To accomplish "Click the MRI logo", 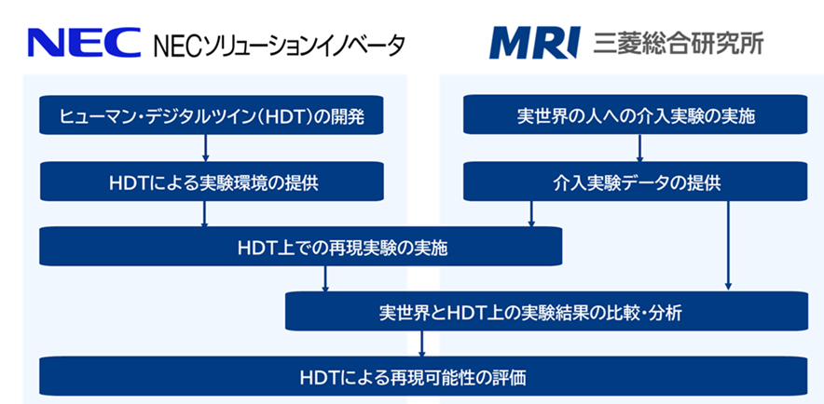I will coord(535,43).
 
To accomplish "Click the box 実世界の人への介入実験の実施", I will coord(637,117).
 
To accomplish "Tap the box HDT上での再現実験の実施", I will coord(302,249).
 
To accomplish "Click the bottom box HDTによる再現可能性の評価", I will coord(422,377).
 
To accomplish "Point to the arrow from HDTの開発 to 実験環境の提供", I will coord(205,149).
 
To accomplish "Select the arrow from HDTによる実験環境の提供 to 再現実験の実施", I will coord(205,215).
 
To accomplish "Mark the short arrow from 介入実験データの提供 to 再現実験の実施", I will coord(531,215).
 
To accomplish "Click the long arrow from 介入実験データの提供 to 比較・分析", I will coord(727,247).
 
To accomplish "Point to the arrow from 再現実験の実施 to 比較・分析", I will coord(325,279).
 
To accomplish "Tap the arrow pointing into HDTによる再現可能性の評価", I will coord(422,344).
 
